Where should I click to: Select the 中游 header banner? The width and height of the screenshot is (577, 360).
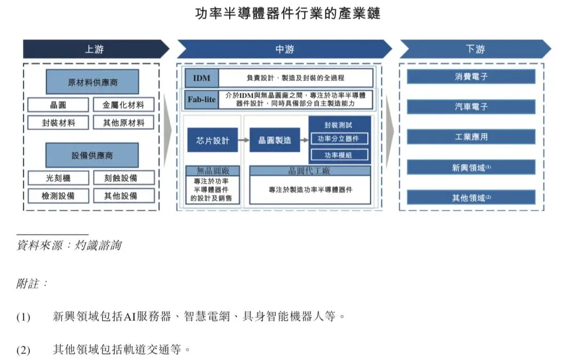tap(284, 49)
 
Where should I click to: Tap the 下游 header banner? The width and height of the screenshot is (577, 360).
tap(474, 49)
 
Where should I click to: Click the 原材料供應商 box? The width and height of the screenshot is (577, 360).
tap(92, 83)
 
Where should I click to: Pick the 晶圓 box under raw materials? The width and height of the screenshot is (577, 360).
tap(58, 105)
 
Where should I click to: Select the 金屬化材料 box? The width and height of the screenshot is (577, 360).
tap(123, 105)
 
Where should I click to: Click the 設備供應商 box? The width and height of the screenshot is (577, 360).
tap(92, 155)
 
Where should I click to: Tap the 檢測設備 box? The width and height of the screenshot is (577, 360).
tap(58, 195)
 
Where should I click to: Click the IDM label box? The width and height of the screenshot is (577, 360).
tap(201, 78)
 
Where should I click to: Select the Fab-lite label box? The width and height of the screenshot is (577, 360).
tap(201, 99)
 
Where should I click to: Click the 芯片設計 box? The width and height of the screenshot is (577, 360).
tap(212, 140)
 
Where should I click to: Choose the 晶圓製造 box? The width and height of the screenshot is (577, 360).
tap(275, 140)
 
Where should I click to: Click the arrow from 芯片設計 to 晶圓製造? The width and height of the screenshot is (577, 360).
tap(244, 140)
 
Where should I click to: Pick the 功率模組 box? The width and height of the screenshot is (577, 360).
tap(339, 155)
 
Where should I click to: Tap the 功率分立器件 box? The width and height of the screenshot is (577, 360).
tap(339, 139)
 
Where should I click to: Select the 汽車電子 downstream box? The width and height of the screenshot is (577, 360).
tap(471, 106)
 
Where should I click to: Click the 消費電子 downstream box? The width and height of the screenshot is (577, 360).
tap(471, 76)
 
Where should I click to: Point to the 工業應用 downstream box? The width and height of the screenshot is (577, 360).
tap(471, 137)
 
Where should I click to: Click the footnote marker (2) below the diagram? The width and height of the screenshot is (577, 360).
tap(23, 350)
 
